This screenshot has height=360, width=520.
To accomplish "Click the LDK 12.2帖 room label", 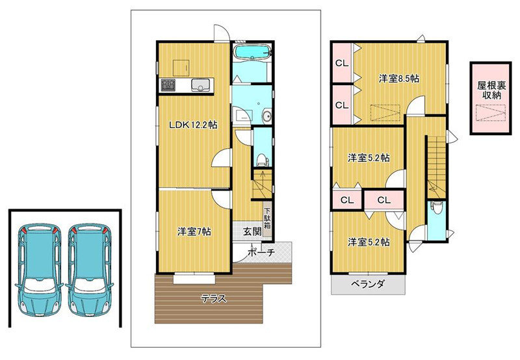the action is [193, 125].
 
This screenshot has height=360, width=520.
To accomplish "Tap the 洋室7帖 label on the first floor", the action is [194, 231].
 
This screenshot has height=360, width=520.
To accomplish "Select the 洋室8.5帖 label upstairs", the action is [398, 79].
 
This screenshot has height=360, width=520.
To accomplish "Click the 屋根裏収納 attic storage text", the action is [491, 90].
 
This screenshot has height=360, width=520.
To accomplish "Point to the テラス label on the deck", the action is [214, 299].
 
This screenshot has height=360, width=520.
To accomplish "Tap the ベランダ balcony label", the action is [367, 284].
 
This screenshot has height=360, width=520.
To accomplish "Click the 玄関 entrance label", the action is [252, 231].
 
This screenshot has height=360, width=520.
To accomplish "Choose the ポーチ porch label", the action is [261, 253].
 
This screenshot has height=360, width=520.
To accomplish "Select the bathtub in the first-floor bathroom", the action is [253, 52].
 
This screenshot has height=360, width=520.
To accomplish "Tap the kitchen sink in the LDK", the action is [200, 85].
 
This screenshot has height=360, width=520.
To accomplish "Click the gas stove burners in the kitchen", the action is [168, 85].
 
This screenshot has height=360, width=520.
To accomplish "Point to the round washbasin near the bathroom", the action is [266, 116].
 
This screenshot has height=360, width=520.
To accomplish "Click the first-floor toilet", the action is [262, 161].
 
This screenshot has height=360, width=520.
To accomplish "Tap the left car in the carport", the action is [38, 270].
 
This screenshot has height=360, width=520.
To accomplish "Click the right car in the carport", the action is [89, 270].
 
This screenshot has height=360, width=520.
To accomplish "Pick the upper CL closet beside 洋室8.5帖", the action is [343, 62].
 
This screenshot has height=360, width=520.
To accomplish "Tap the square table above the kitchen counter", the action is [181, 68].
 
